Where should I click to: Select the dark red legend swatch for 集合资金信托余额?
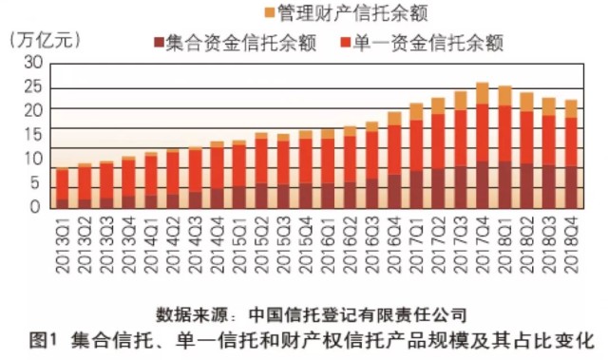coord(157,42)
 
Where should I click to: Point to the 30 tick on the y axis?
coord(33,62)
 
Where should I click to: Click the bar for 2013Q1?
coord(63,188)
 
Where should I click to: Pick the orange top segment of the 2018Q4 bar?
coord(571,108)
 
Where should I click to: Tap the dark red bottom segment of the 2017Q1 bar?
coord(416,189)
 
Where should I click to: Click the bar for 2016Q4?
coord(394,161)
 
